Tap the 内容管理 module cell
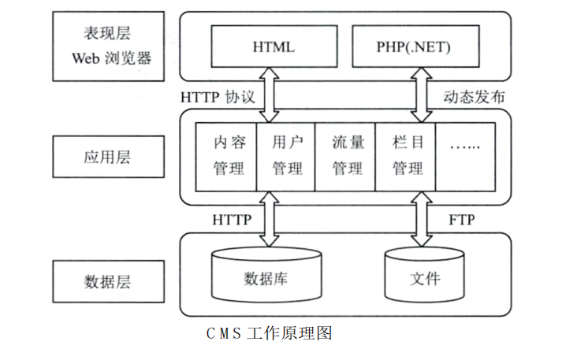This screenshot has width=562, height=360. coord(227,156)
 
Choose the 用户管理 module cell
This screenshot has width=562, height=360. coord(285,156)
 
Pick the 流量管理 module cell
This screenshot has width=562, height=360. coord(345,156)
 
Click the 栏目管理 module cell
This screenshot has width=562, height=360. coord(406,156)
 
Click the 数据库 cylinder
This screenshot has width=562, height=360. coord(269,277)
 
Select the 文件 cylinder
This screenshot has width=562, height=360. coord(424,277)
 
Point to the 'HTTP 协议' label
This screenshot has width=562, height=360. coord(218,98)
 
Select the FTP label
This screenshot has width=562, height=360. coord(461,220)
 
